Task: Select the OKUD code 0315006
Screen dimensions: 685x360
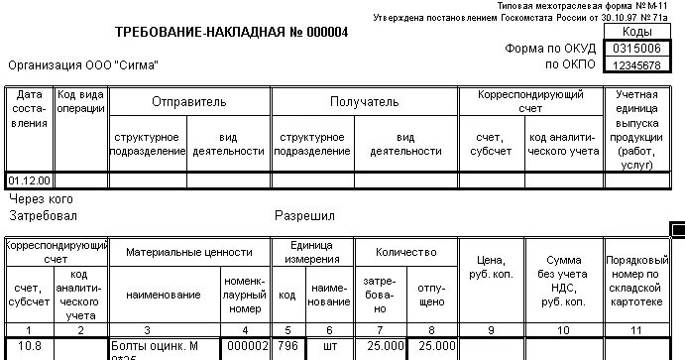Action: point(636,48)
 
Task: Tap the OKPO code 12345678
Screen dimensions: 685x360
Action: point(636,64)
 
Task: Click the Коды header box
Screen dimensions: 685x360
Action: point(636,32)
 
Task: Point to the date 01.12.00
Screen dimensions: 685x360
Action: point(30,180)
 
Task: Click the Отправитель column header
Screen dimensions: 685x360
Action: point(188,102)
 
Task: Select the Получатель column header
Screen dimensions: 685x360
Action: point(364,102)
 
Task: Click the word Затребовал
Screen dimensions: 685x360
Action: point(43,215)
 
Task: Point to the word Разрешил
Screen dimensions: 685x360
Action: point(304,215)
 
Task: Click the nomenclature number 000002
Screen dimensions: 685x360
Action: point(246,346)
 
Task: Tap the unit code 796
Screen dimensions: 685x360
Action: point(286,346)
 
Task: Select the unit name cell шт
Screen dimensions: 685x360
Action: point(329,346)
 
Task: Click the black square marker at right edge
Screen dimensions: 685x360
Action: point(678,230)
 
